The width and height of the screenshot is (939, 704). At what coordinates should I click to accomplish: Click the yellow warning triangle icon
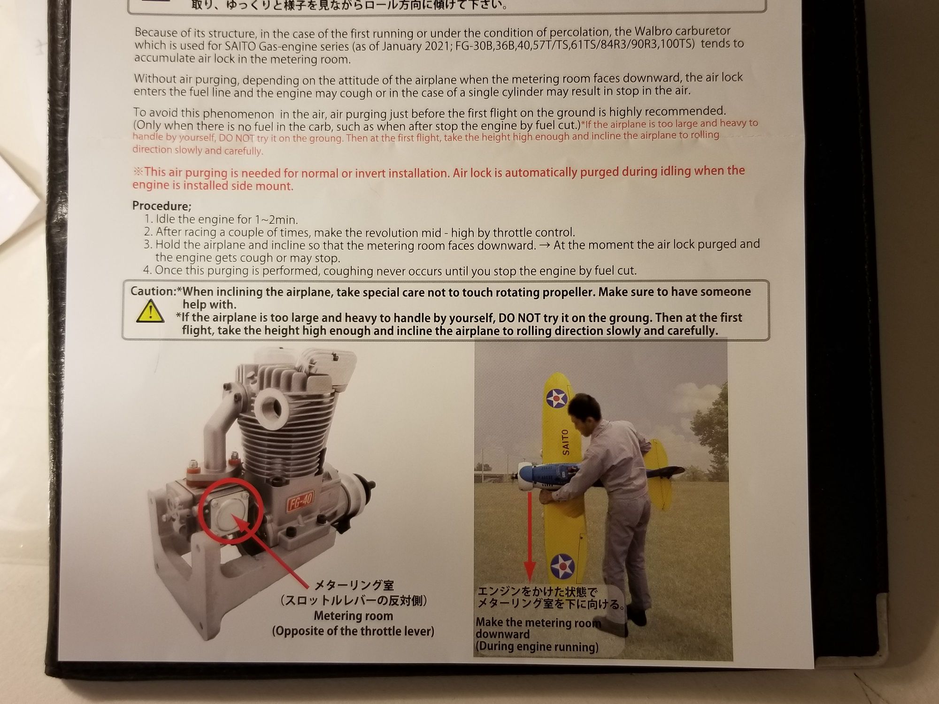[150, 312]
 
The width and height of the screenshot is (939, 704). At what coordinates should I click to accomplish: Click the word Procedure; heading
[162, 206]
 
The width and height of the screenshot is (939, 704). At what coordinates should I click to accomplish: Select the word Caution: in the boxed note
[153, 291]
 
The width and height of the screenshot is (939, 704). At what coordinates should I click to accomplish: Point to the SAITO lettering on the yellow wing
[565, 442]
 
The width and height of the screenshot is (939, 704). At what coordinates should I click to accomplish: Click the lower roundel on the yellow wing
[562, 566]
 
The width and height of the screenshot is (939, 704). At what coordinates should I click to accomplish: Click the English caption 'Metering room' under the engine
[354, 616]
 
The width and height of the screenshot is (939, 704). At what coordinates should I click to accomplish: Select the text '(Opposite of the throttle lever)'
[353, 631]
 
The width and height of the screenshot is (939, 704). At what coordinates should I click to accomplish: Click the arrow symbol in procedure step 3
[545, 245]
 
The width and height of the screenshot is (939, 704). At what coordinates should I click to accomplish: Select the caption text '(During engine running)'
[537, 647]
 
